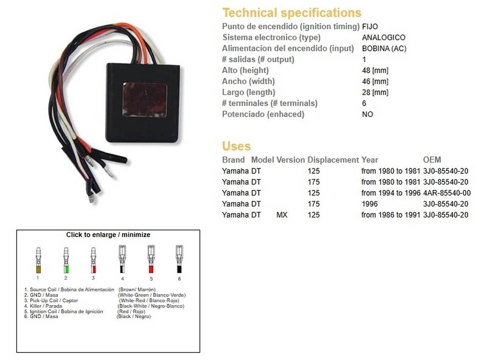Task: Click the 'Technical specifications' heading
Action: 292,13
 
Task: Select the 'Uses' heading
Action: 236,146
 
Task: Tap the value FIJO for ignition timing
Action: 370,27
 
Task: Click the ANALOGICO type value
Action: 384,38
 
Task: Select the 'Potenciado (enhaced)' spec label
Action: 263,115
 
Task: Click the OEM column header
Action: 432,160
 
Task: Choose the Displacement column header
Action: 333,160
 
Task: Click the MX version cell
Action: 282,215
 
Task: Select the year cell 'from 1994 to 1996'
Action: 391,193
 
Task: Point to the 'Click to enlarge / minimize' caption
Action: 108,235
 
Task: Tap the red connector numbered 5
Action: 151,261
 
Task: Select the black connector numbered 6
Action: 179,261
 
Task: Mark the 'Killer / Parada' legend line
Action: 46,306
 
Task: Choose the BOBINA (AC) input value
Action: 384,49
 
